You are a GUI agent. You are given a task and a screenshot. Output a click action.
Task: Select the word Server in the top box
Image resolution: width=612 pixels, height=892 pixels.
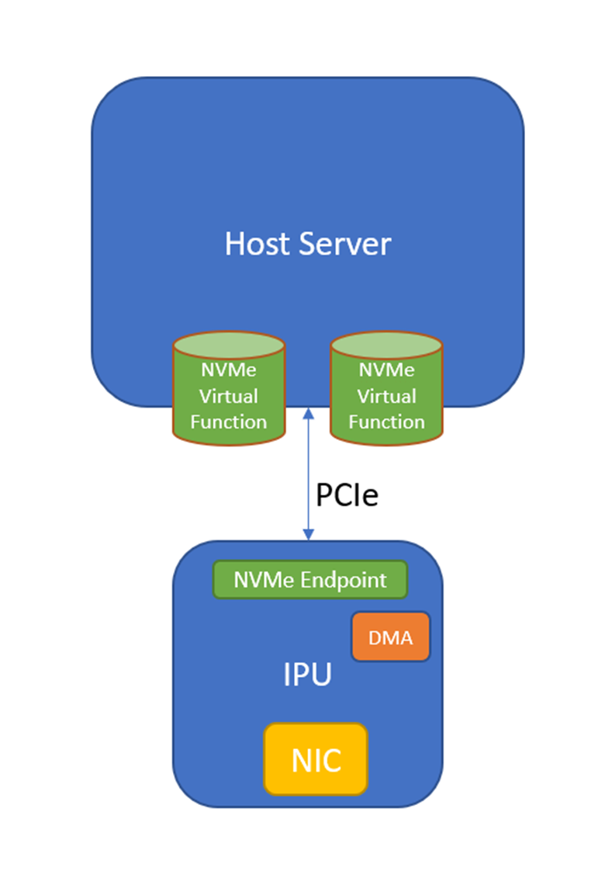point(345,245)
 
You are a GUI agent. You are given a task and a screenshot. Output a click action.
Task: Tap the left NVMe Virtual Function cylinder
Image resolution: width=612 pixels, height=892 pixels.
point(228,396)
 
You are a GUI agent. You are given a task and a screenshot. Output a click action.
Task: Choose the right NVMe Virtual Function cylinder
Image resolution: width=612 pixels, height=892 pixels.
point(386,396)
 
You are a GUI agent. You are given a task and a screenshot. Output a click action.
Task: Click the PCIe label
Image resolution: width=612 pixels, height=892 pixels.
point(347,495)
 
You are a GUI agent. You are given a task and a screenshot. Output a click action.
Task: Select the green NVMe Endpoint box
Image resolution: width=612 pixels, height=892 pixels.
point(309,580)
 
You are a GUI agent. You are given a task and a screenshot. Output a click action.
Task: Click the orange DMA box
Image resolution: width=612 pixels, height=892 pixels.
point(390,637)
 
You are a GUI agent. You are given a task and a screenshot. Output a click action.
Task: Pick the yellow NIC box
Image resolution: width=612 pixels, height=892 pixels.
point(316,759)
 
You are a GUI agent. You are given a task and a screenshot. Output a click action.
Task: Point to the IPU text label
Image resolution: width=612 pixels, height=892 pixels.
point(307,675)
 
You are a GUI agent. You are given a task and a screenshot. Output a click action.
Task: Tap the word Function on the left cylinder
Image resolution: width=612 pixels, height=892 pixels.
point(228,422)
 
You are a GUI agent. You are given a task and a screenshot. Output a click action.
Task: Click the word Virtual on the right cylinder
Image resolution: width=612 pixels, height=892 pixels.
point(386,396)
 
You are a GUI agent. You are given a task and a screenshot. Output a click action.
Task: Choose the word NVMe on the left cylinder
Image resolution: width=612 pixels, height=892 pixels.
point(228,370)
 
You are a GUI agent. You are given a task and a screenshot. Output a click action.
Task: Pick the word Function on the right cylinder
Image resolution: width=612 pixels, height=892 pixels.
point(386,422)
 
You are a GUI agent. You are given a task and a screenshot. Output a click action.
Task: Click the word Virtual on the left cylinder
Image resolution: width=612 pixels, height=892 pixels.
point(228,396)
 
